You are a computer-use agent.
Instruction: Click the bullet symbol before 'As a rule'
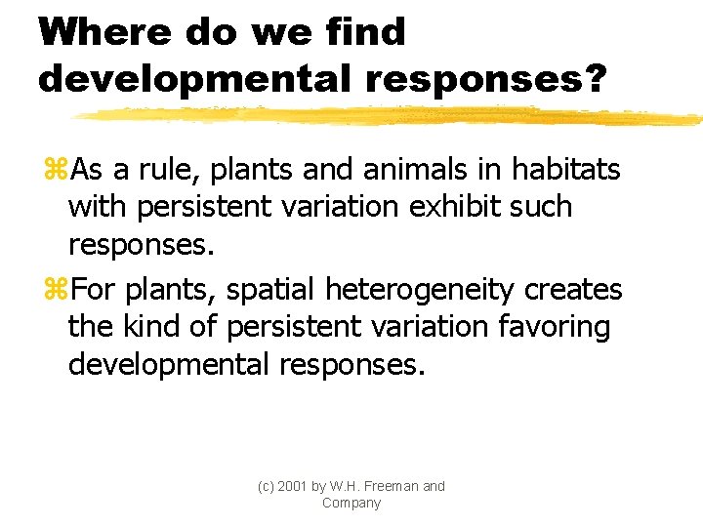click(55, 171)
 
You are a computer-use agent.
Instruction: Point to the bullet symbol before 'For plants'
click(55, 291)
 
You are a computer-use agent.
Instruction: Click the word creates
click(574, 290)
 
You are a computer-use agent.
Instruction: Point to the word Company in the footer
click(351, 504)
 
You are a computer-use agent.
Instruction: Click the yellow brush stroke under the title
click(391, 116)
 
